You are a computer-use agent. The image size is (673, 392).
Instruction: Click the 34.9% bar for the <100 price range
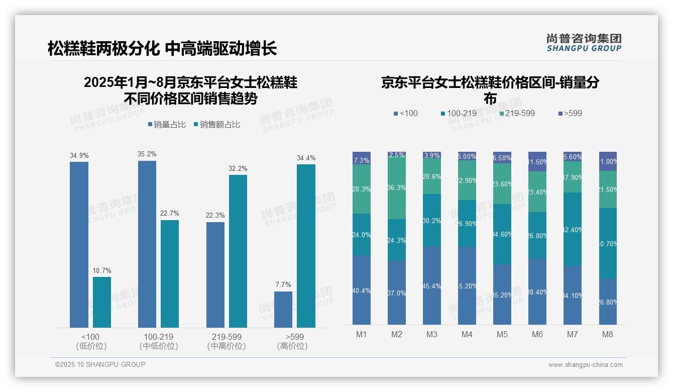[x=79, y=245]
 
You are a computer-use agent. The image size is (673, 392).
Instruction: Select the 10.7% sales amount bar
[x=102, y=302]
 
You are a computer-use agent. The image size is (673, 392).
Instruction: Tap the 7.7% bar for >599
[x=283, y=310]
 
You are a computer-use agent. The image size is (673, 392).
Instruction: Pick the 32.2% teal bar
[x=238, y=251]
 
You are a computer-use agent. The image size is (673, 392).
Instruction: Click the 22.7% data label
[x=170, y=214]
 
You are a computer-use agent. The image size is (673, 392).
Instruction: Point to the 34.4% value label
[x=306, y=158]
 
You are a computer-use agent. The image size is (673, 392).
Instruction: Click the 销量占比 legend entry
[x=166, y=125]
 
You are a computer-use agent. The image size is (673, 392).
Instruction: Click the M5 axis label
[x=502, y=334]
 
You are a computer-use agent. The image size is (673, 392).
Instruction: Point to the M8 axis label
[x=608, y=334]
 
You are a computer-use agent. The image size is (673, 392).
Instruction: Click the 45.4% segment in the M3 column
[x=432, y=285]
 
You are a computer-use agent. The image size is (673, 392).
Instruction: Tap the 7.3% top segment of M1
[x=362, y=158]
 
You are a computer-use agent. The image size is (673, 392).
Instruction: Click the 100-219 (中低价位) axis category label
[x=159, y=341]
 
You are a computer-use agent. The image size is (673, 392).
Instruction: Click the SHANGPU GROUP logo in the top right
[x=584, y=43]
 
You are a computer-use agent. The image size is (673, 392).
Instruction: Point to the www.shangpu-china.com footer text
[x=585, y=365]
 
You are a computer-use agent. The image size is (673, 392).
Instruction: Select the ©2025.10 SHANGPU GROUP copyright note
[x=100, y=364]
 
